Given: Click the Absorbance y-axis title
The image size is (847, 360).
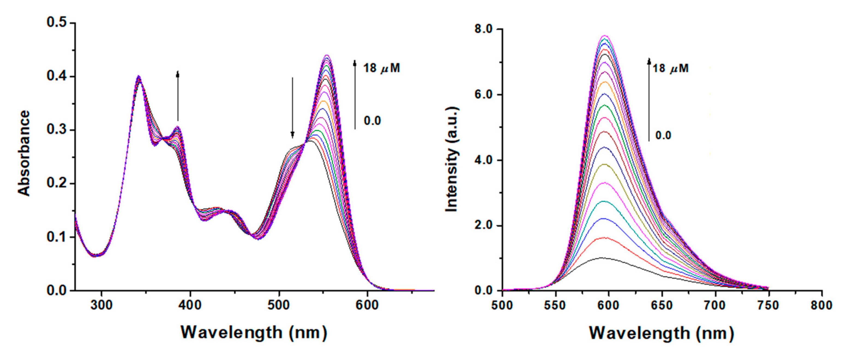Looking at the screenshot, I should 24,153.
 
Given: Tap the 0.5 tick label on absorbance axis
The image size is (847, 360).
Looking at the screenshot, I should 56,22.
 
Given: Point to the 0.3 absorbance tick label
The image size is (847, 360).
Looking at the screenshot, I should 56,130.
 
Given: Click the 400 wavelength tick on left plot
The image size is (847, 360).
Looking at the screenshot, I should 190,305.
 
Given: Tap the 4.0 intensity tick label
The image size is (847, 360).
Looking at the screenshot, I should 483,160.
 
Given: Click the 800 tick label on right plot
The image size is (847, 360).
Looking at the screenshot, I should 821,305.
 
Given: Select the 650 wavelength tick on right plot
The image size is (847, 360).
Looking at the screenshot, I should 662,305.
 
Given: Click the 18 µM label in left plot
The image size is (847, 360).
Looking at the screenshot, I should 382,68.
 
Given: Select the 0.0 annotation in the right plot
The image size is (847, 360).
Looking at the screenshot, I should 663,135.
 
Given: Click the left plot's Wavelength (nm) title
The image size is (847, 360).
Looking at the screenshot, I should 254,332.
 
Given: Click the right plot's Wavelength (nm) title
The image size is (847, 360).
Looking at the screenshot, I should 661,333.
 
